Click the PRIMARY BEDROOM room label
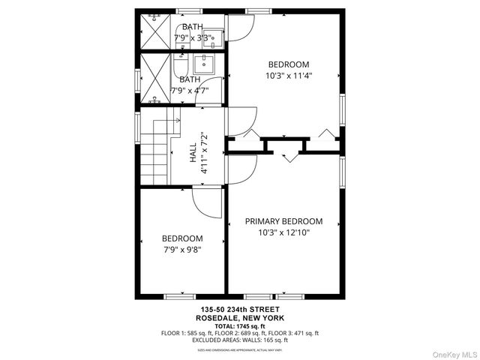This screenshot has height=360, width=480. [284, 221]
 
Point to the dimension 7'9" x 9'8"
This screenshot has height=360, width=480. [182, 250]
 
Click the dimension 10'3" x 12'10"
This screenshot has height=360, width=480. [284, 233]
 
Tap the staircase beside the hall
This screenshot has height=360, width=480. [157, 149]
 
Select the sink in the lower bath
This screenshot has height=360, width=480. [204, 64]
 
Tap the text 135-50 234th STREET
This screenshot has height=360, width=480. [240, 310]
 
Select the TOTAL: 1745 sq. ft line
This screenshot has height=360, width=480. [240, 325]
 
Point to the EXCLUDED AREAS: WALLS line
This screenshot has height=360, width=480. [240, 340]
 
